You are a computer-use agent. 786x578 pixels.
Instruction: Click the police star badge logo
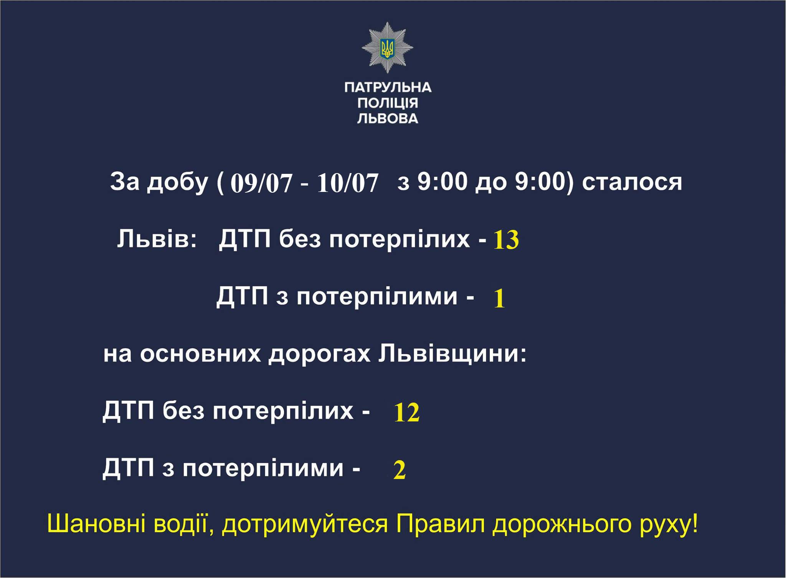387,48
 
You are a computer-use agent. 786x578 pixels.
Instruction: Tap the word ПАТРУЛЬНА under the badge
388,88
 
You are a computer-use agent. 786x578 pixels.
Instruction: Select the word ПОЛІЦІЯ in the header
388,103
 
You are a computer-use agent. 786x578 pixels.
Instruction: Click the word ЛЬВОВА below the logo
388,118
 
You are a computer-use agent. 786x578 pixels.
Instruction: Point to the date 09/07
261,183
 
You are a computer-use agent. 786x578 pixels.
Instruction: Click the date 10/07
348,183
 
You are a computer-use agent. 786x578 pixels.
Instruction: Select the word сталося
632,182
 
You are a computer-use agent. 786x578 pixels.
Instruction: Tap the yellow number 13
506,240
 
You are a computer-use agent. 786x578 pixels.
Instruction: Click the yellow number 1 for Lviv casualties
499,299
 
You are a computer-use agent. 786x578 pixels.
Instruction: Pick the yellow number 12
407,413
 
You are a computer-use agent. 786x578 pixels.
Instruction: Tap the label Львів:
157,239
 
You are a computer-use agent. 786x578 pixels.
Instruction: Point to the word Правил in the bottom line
441,525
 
